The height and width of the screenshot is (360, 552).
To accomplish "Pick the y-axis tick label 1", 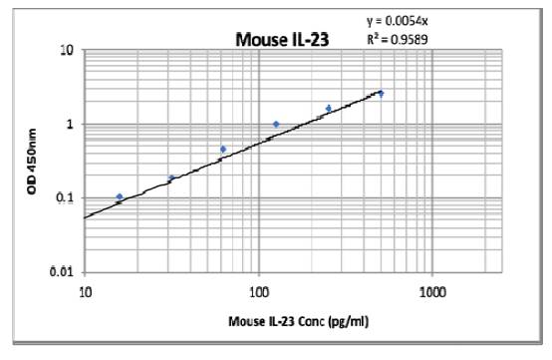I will pyautogui.click(x=72, y=124).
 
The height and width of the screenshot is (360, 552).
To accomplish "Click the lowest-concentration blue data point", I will pyautogui.click(x=120, y=197).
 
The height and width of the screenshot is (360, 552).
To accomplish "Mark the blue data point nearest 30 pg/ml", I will pyautogui.click(x=171, y=179).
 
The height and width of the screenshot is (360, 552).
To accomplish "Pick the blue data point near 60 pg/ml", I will pyautogui.click(x=223, y=150).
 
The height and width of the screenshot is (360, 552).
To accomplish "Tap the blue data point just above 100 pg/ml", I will pyautogui.click(x=276, y=125).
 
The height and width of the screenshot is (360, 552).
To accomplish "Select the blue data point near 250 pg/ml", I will pyautogui.click(x=329, y=108).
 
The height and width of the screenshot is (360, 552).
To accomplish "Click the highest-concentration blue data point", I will pyautogui.click(x=381, y=94).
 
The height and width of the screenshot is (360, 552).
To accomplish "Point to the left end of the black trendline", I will pyautogui.click(x=87, y=216).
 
